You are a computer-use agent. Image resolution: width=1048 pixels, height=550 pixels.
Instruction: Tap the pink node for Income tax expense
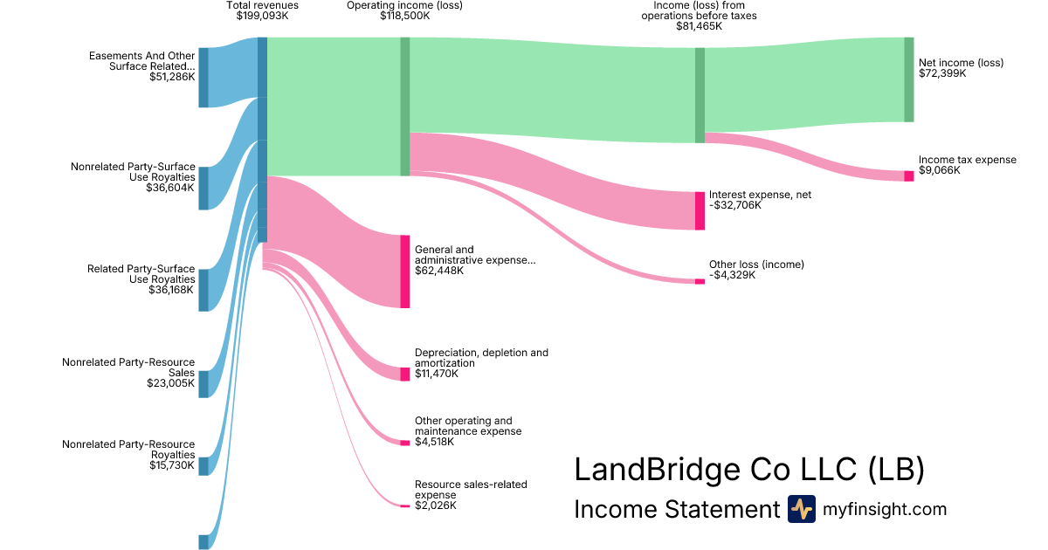(908, 176)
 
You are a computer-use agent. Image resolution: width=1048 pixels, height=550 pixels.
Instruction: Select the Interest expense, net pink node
(700, 210)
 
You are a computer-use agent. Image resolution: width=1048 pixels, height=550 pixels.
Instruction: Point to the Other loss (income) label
(756, 265)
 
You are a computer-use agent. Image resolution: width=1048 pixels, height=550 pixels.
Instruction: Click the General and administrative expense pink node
(404, 272)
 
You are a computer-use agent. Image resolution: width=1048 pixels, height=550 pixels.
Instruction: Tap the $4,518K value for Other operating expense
(435, 442)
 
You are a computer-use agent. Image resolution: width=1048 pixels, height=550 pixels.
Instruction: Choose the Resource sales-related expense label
(471, 490)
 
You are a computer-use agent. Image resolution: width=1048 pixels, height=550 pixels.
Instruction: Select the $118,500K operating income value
(404, 16)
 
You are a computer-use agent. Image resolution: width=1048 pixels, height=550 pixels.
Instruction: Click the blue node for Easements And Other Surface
(203, 78)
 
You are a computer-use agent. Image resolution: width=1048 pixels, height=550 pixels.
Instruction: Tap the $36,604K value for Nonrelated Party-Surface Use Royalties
(170, 187)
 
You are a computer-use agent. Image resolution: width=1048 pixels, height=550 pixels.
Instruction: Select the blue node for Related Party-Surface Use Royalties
(203, 290)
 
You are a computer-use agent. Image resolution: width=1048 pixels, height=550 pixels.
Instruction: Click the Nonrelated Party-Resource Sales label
(128, 367)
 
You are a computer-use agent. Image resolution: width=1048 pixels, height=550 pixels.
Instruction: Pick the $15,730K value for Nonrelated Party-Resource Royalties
(172, 465)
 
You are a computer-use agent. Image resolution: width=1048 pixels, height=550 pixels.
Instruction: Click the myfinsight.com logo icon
(801, 509)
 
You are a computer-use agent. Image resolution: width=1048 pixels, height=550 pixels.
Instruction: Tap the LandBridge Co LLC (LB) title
(748, 470)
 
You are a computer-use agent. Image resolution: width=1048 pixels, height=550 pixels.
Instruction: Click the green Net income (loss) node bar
(908, 79)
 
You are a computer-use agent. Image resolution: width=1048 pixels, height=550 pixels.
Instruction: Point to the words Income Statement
(676, 510)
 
